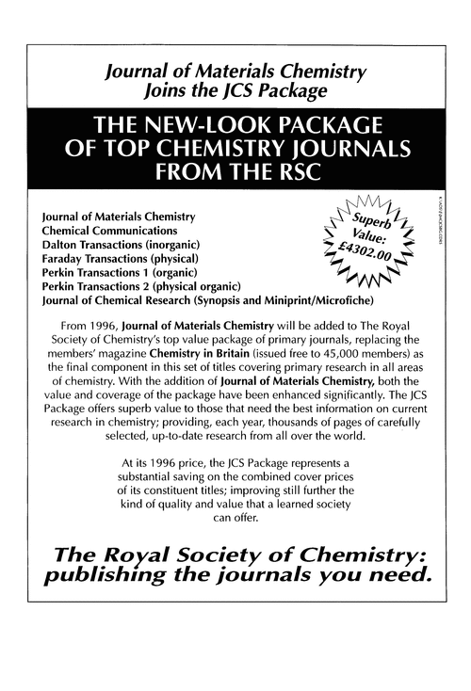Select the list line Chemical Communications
point(109,230)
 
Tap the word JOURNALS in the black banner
point(345,150)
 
